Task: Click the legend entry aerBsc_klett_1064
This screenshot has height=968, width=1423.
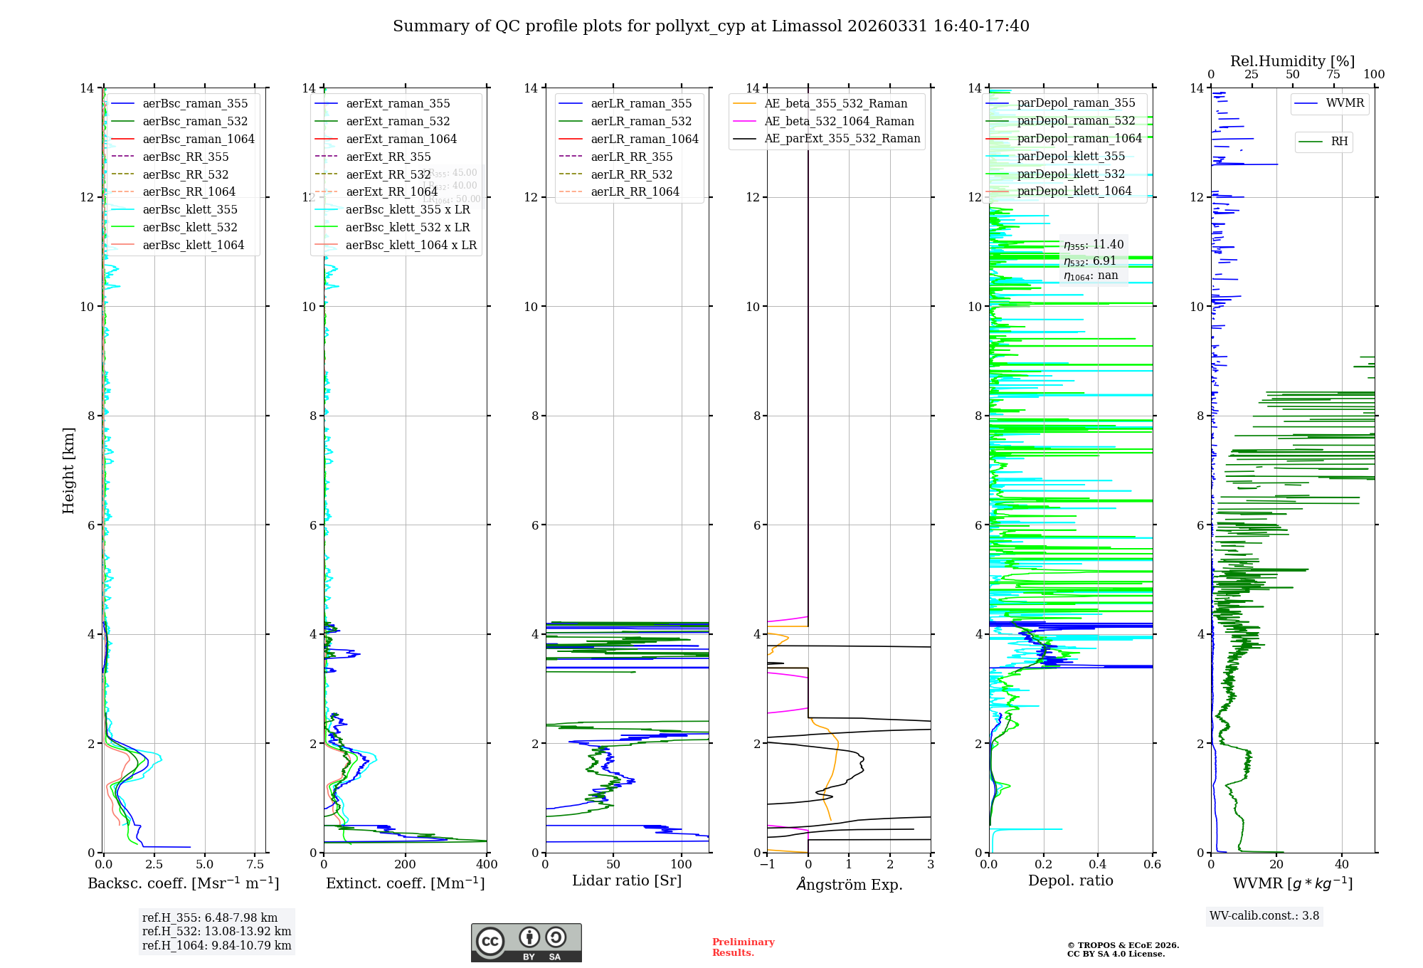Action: click(193, 245)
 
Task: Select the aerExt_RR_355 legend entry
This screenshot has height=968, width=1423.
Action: click(388, 157)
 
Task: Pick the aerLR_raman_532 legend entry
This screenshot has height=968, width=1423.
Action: click(640, 121)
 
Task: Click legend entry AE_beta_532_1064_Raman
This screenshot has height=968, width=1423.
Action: click(839, 121)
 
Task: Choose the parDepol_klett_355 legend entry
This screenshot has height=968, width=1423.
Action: click(1071, 156)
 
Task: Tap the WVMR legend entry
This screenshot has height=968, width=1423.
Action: click(1344, 103)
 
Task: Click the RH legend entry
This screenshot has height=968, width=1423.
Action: click(1338, 142)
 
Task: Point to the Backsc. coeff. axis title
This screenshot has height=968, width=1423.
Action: click(183, 883)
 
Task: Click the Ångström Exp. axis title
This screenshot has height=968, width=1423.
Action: click(849, 884)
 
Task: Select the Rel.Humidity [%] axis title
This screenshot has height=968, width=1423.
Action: click(1292, 61)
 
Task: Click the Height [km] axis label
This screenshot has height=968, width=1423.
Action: click(68, 470)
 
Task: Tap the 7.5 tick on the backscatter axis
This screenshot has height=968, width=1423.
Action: click(255, 864)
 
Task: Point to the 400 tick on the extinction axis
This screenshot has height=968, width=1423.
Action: click(487, 864)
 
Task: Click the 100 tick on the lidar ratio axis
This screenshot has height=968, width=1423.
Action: click(681, 864)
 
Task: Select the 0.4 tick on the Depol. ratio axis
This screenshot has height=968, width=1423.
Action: click(1098, 864)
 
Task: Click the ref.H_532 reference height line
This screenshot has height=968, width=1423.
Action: click(216, 931)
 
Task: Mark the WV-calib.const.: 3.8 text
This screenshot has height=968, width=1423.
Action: click(1264, 916)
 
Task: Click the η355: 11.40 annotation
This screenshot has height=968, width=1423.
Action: click(1094, 245)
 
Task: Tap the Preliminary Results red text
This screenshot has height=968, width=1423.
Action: click(743, 947)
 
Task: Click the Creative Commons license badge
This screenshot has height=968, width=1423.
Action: click(526, 942)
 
